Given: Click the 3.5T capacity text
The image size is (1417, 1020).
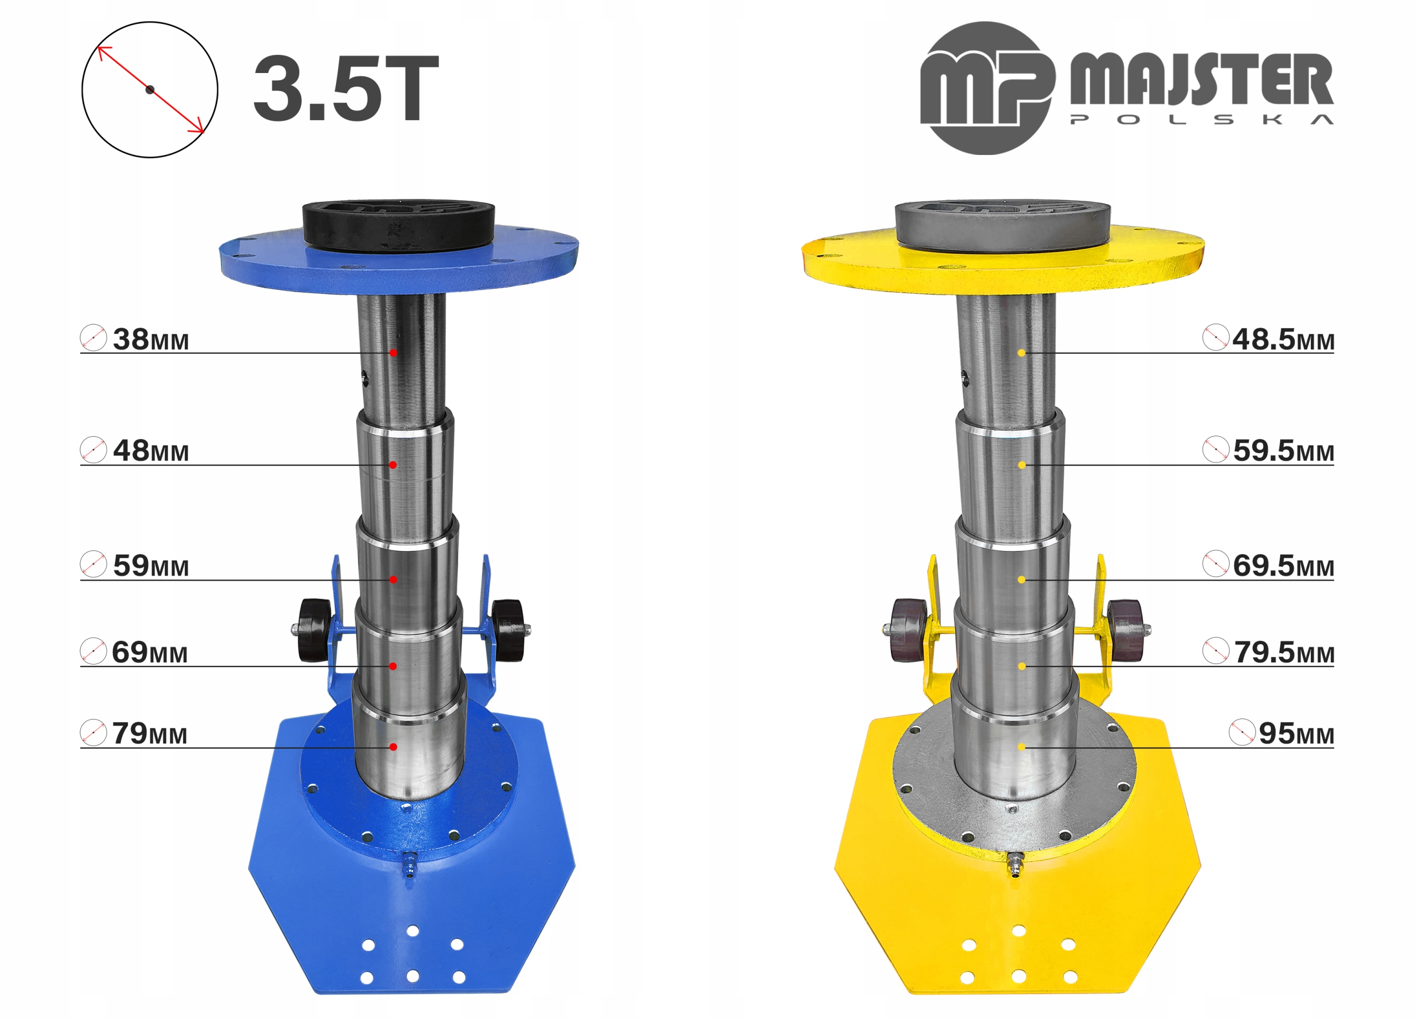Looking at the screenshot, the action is click(346, 89).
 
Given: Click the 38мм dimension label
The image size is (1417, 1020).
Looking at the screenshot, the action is click(151, 339).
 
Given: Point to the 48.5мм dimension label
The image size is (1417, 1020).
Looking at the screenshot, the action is click(1282, 339).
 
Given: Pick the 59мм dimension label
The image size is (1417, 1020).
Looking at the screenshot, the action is click(151, 565).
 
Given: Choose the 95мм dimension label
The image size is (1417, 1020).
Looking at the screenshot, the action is click(1296, 733).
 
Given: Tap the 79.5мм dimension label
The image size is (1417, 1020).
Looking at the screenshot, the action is click(1284, 652).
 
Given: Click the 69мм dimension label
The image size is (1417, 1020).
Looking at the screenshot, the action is click(150, 652).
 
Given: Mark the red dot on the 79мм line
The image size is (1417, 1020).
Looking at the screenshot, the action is click(393, 747).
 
